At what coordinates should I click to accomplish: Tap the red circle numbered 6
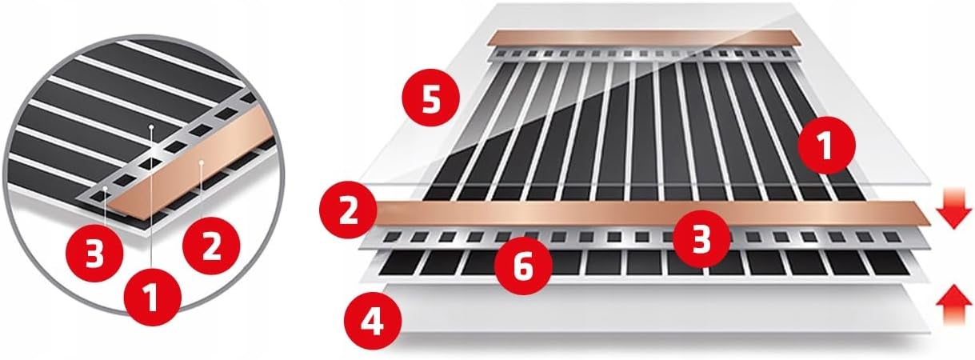coord(523,266)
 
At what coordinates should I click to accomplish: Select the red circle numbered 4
coord(373,322)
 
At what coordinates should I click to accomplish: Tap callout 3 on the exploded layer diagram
coord(701,239)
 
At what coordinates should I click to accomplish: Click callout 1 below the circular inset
coord(153,298)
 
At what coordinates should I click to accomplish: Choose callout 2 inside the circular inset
coord(211,246)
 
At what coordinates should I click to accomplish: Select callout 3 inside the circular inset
coord(94,253)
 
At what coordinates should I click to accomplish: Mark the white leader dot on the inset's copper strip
coord(202,163)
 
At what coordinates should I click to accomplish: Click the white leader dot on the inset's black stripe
coord(151,126)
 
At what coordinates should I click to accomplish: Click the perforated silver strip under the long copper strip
coord(644,238)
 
